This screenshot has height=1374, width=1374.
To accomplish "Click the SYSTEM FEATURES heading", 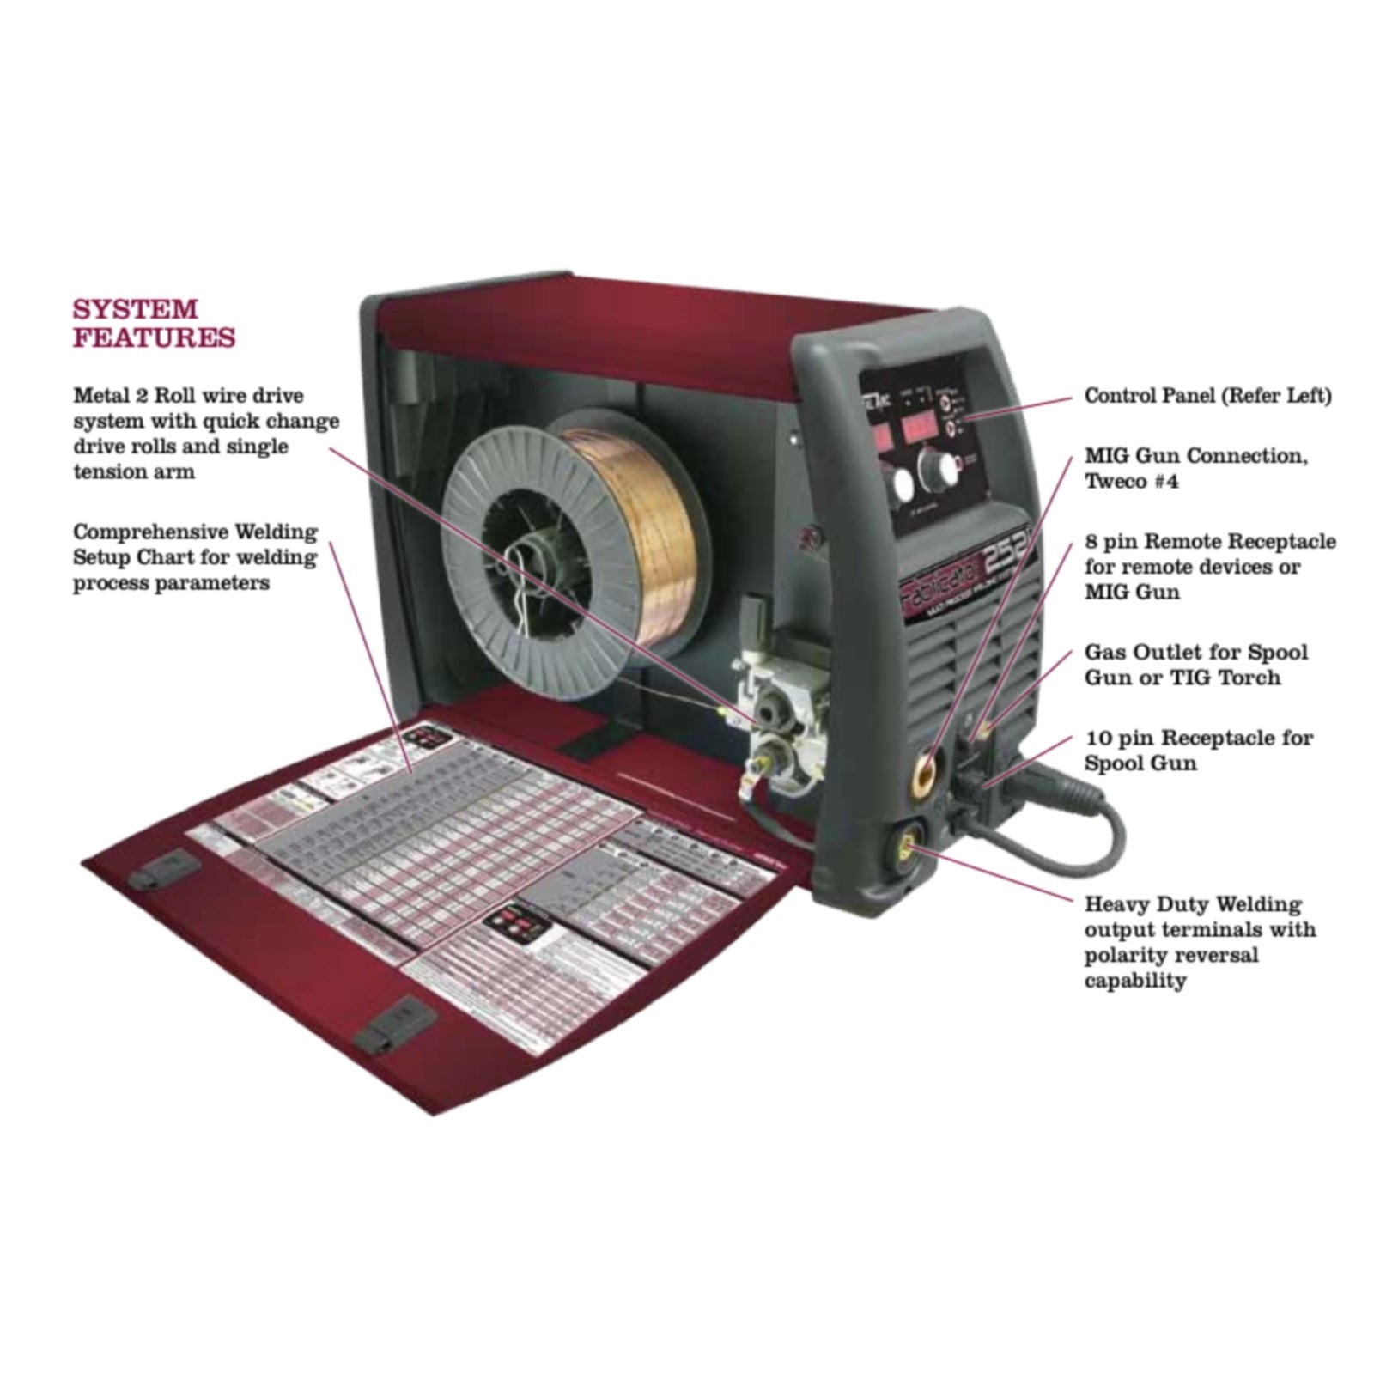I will coord(154,322).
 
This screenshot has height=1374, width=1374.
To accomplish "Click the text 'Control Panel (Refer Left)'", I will coord(1207,396).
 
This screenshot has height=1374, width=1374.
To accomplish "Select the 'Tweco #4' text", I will coord(1131,481).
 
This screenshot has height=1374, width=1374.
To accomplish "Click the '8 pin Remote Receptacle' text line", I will coord(1210,542).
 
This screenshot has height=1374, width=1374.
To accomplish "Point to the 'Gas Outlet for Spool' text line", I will coord(1196,652).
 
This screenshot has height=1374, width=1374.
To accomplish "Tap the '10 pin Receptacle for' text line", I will coord(1199,738).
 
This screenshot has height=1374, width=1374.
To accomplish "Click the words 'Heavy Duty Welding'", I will coord(1193,904).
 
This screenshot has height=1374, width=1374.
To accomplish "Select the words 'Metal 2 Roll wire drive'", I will coord(188,396).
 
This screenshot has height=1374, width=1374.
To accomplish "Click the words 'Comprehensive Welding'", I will coord(195,532).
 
